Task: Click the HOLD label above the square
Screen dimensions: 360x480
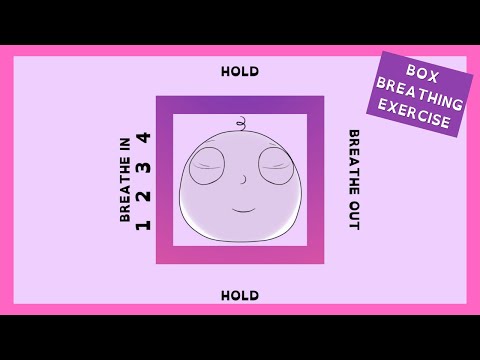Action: tap(240, 71)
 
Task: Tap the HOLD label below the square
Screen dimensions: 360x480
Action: tap(240, 295)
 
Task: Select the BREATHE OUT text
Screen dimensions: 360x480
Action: tap(353, 180)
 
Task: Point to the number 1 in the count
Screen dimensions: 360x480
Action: tap(143, 223)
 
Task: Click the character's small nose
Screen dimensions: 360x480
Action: tap(241, 181)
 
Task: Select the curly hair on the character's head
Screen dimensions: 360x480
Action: tap(240, 125)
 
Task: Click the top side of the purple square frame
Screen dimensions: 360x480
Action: tap(240, 104)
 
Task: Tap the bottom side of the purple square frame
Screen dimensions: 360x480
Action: tap(240, 255)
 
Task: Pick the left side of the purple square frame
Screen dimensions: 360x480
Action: tap(164, 180)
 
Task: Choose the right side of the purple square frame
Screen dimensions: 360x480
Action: tap(316, 180)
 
